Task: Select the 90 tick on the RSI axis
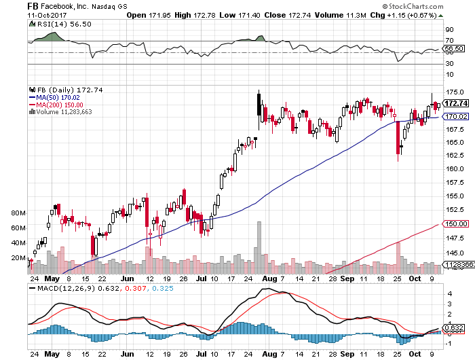pyautogui.click(x=449, y=30)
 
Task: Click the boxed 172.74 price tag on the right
pyautogui.click(x=458, y=103)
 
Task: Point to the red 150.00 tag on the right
pyautogui.click(x=457, y=223)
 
